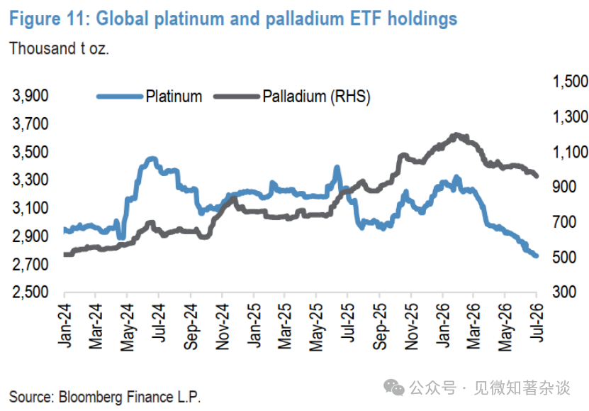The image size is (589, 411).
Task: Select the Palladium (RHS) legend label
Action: click(316, 97)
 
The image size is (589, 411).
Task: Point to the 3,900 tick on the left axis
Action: click(30, 96)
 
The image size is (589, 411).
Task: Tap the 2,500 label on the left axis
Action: click(30, 292)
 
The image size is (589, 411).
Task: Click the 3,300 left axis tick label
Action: click(30, 180)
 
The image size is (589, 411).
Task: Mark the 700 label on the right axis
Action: click(564, 222)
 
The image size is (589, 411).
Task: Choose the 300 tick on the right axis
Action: click(564, 292)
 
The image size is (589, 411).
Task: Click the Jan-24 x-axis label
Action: click(65, 326)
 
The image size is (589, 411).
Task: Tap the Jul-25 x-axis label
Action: click(348, 323)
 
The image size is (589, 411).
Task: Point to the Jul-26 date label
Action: click(537, 323)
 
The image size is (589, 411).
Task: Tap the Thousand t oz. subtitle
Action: click(59, 48)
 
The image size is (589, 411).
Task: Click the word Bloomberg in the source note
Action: click(91, 397)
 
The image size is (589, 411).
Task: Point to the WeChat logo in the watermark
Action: click(393, 388)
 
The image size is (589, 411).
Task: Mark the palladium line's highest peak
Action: click(456, 135)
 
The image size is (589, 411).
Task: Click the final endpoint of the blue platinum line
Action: click(536, 256)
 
